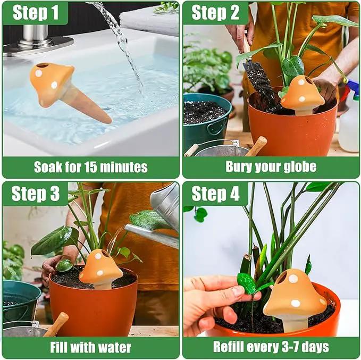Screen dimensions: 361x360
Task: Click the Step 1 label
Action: [x=36, y=13]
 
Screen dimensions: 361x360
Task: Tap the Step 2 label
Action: [x=215, y=13]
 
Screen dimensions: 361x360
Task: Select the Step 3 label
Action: [x=36, y=194]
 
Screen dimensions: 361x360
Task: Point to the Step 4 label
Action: [x=215, y=194]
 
